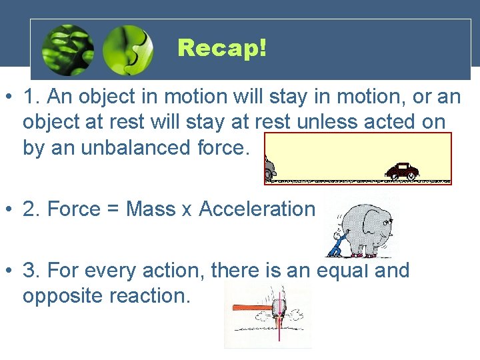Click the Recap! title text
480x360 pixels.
click(222, 48)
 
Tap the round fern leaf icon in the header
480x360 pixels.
click(67, 50)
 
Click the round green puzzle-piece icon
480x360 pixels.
click(128, 50)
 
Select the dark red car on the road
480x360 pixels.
click(403, 171)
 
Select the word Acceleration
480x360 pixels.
click(257, 209)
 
